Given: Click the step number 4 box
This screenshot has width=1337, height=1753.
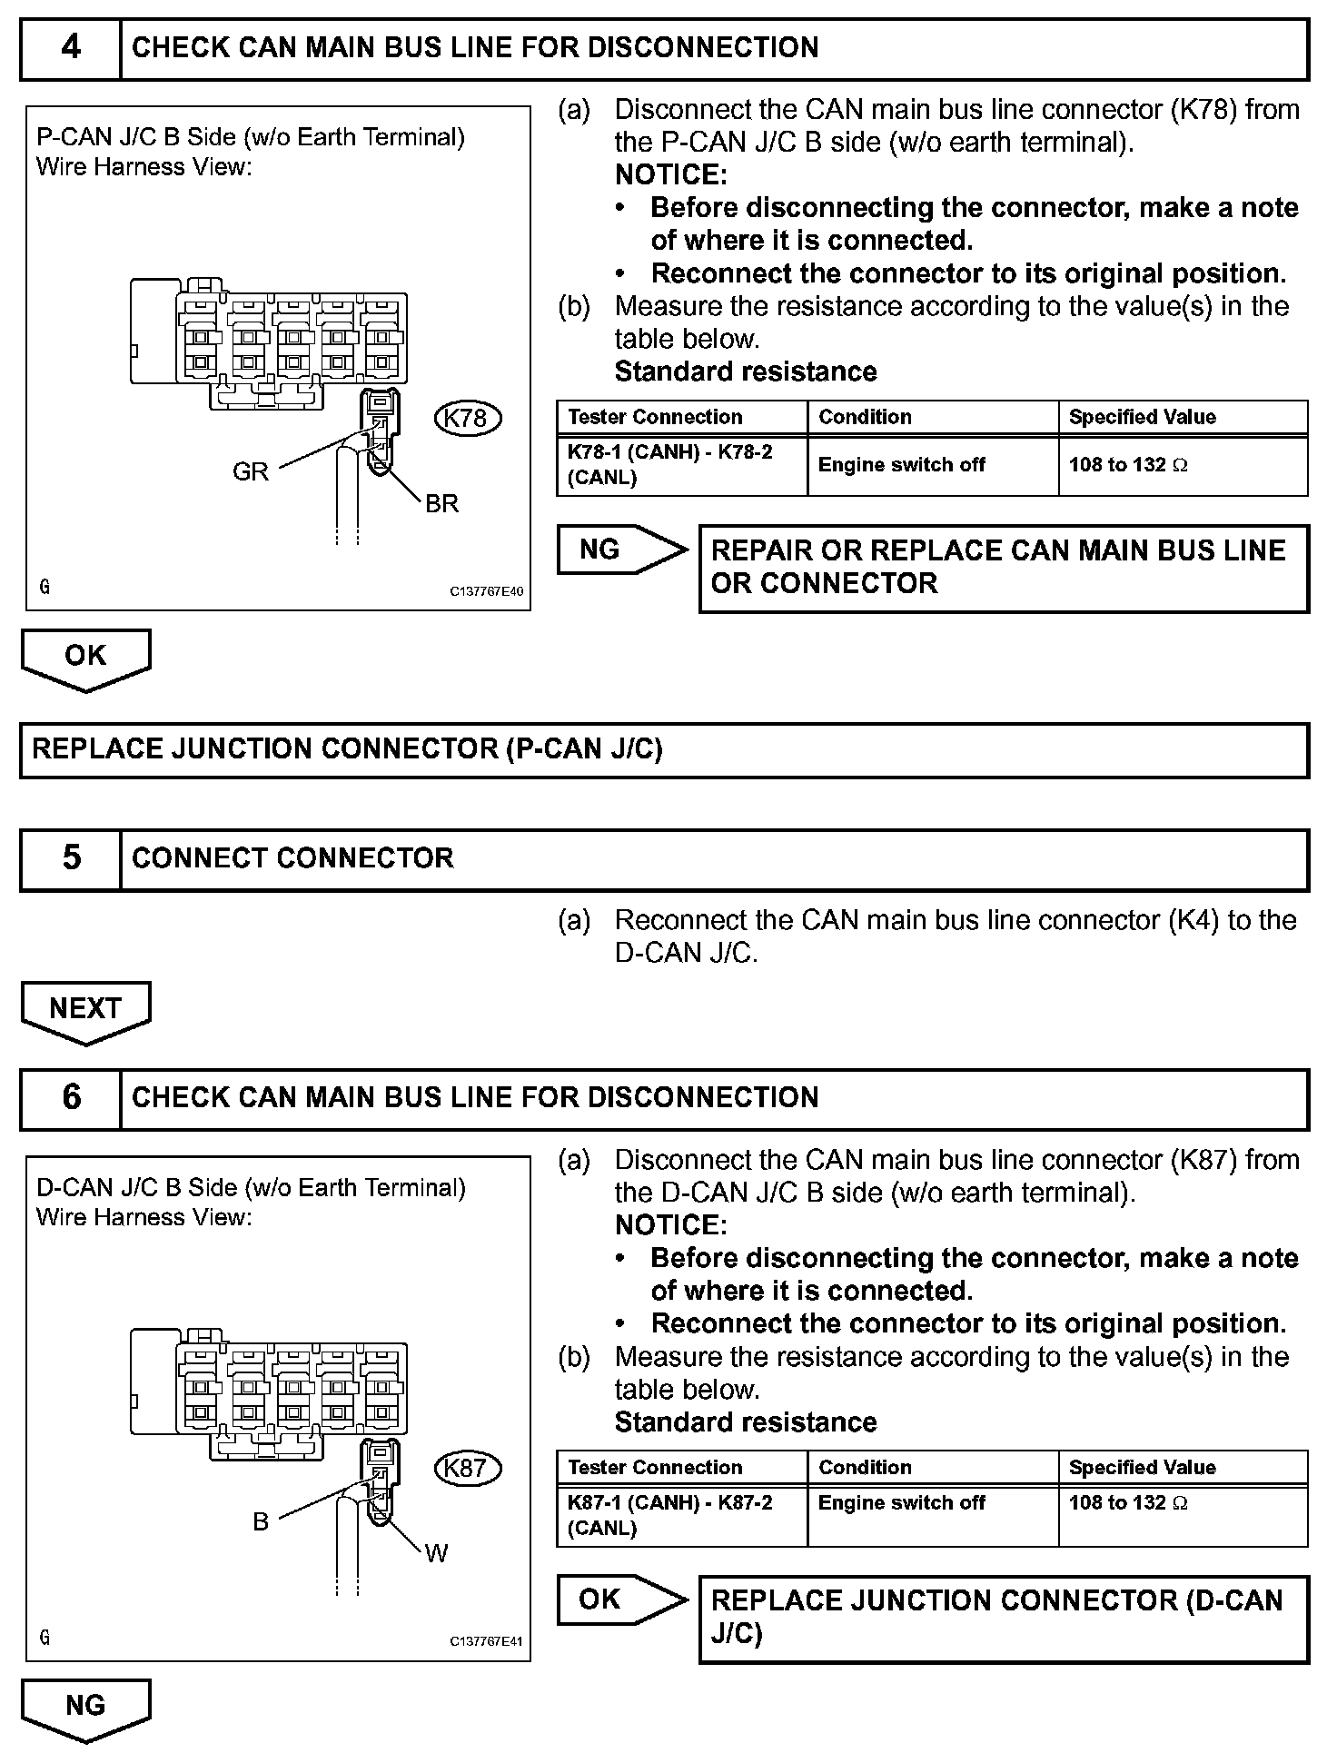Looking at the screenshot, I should [71, 48].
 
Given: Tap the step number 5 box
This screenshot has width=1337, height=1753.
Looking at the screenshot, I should [71, 858].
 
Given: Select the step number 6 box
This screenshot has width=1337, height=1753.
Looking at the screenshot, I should [71, 1097].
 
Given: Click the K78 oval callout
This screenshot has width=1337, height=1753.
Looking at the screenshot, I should [468, 419].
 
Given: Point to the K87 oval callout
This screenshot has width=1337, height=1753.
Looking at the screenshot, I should [468, 1469].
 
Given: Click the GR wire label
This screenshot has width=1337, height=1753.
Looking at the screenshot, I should [251, 471].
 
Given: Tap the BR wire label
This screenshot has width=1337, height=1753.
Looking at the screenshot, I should [442, 504].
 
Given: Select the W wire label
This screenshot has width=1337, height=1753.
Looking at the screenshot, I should [437, 1554].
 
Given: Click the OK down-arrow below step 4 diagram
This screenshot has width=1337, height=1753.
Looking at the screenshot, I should [85, 657].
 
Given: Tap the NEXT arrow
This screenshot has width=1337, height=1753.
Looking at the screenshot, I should [85, 1009].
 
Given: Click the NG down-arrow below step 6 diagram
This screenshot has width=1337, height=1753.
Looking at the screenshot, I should [85, 1707].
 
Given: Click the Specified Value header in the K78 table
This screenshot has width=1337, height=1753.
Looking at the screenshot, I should [1142, 417].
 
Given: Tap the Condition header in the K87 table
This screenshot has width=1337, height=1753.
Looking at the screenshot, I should [865, 1467].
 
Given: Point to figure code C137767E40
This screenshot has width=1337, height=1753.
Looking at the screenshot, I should [487, 591].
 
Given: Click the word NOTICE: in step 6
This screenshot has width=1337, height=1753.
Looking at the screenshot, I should [670, 1225].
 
